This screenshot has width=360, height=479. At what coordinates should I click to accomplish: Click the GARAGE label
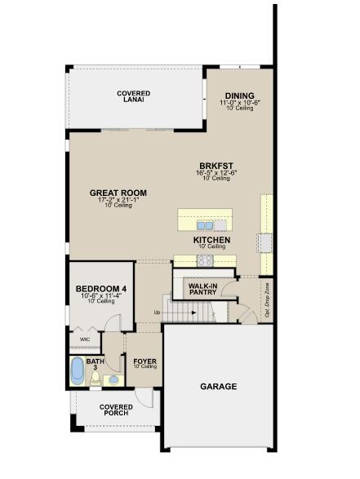tap(218, 386)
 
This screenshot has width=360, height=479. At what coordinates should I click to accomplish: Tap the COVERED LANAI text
tap(133, 98)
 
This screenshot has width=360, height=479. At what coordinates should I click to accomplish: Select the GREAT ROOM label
tap(118, 193)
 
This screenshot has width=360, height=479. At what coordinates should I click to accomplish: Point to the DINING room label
tap(240, 95)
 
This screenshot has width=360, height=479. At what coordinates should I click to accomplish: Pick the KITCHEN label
tap(211, 240)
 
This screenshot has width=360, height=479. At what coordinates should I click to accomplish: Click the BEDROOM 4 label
tap(101, 289)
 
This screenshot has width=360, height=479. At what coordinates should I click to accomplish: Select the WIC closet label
tap(84, 339)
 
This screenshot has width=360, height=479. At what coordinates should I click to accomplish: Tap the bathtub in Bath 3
tap(78, 370)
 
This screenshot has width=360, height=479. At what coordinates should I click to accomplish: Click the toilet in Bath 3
tap(96, 378)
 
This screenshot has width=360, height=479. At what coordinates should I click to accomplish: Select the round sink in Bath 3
tap(113, 379)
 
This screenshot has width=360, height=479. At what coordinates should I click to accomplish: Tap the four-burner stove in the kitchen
tap(204, 261)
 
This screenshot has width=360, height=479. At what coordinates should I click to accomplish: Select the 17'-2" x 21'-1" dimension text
tap(118, 201)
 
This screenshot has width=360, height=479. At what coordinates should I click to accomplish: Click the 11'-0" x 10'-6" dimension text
tap(240, 103)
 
